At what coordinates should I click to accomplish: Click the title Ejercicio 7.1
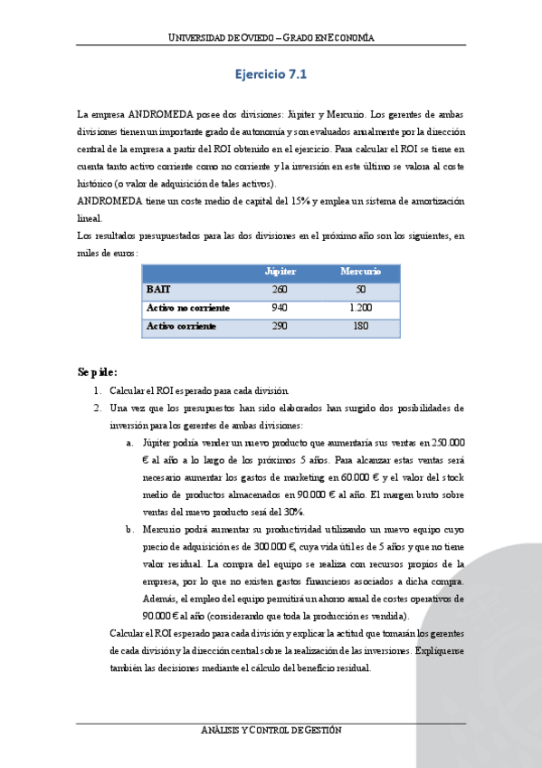pos(271,75)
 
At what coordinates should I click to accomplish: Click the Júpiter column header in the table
pos(280,272)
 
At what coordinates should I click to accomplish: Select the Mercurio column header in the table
pos(360,272)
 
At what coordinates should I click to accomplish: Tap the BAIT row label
pos(158,290)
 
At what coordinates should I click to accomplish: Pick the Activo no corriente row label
pos(188,308)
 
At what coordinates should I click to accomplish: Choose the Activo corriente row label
pos(181,326)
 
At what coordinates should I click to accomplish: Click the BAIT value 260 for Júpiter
pos(280,290)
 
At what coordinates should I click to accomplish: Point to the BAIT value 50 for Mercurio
pos(360,290)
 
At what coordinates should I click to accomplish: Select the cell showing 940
pos(280,308)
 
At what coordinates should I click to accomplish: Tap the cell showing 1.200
pos(360,308)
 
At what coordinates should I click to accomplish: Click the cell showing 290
pos(280,326)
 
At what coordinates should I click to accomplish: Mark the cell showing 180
pos(360,326)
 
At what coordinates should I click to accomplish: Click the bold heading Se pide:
pos(98,371)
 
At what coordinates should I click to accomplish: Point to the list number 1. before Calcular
pos(97,391)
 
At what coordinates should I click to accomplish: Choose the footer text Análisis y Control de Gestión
pos(271,731)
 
